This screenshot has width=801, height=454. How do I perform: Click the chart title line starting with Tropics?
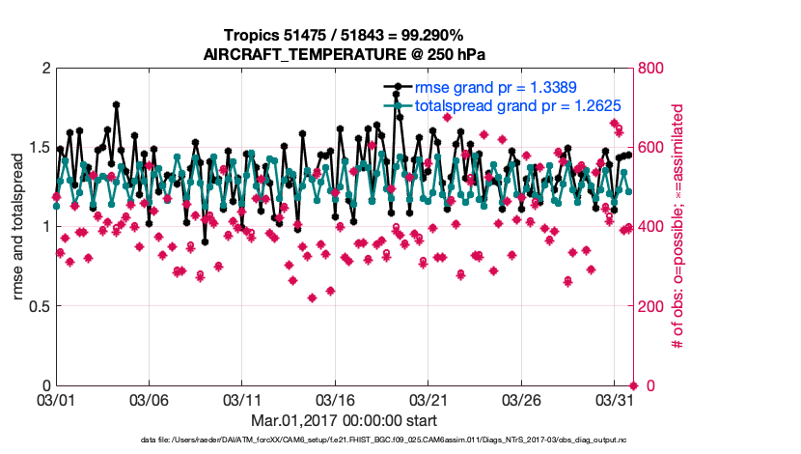click(x=345, y=36)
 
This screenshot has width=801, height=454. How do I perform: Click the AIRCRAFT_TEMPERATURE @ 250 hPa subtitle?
click(x=345, y=54)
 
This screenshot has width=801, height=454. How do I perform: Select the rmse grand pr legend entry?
click(x=495, y=87)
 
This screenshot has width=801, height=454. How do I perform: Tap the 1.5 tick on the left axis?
click(x=40, y=148)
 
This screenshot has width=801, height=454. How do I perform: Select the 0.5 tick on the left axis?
click(x=40, y=306)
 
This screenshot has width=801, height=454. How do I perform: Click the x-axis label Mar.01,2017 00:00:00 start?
click(x=345, y=420)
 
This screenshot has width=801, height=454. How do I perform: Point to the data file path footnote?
click(x=345, y=440)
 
